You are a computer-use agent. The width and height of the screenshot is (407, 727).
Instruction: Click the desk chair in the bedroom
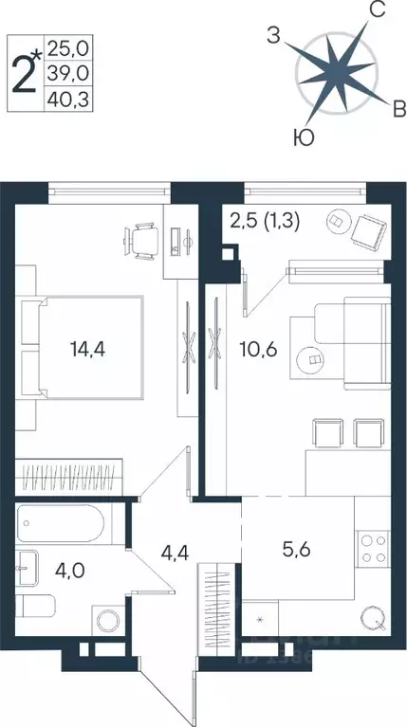(143, 238)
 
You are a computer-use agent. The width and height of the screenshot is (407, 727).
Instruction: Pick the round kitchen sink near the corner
(372, 623)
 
